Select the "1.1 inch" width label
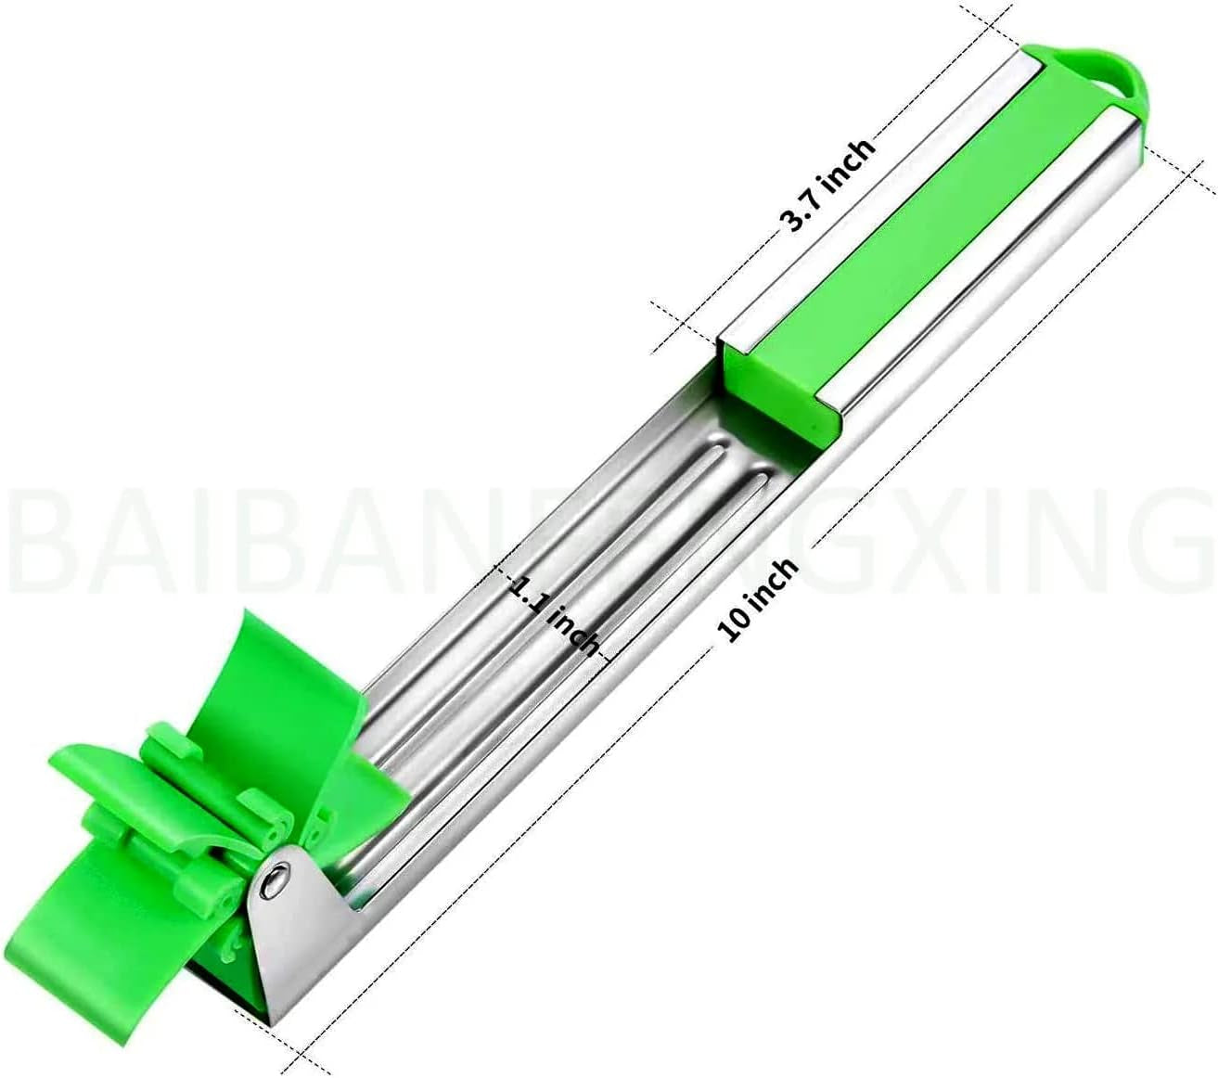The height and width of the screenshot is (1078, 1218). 554,615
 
